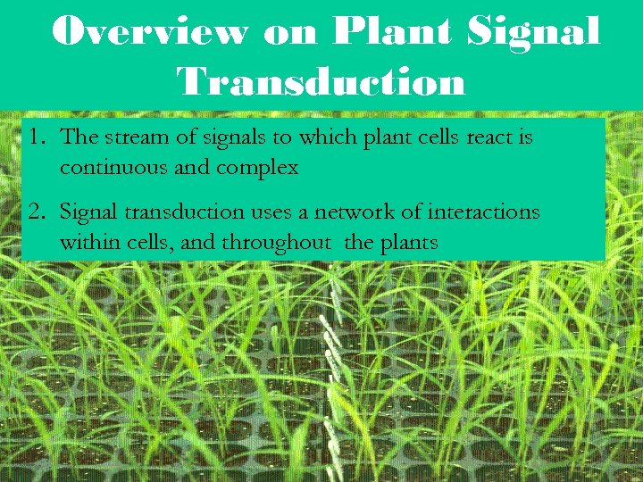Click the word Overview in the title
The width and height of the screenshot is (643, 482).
click(150, 32)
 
